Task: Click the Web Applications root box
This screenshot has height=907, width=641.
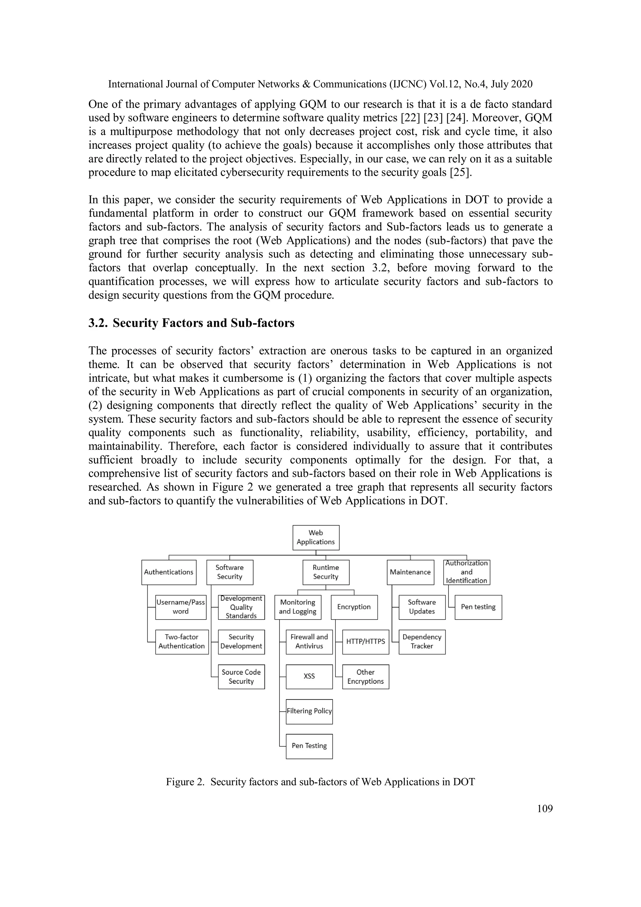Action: point(315,537)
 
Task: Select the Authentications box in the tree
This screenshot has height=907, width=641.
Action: point(169,572)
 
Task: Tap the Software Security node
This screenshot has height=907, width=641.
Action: point(229,572)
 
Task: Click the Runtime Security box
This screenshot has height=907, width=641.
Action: point(326,572)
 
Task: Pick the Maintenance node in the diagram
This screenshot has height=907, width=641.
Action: point(410,572)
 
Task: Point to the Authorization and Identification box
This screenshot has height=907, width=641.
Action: point(466,572)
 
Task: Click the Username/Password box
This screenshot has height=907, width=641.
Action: point(181,607)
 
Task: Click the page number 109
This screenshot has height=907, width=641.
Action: point(545,809)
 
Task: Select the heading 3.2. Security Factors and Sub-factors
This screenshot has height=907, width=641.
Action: point(192,323)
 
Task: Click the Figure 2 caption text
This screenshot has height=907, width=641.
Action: point(320,782)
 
